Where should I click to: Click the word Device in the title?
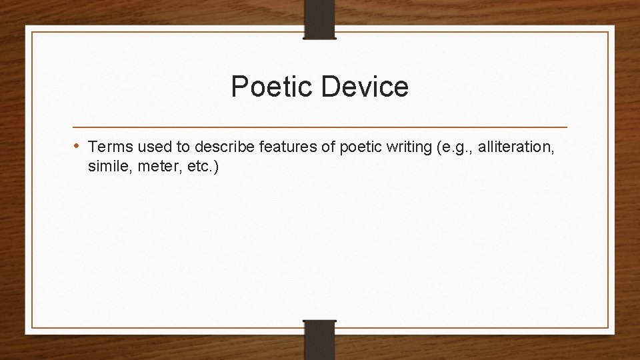coord(367,87)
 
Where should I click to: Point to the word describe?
coord(225,146)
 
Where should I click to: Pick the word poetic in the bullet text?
coord(359,146)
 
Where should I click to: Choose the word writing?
coord(406,146)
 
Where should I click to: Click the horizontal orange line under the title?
coord(320,127)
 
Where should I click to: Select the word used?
coord(153,146)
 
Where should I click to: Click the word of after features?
coord(325,146)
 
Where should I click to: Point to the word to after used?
coord(182,146)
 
